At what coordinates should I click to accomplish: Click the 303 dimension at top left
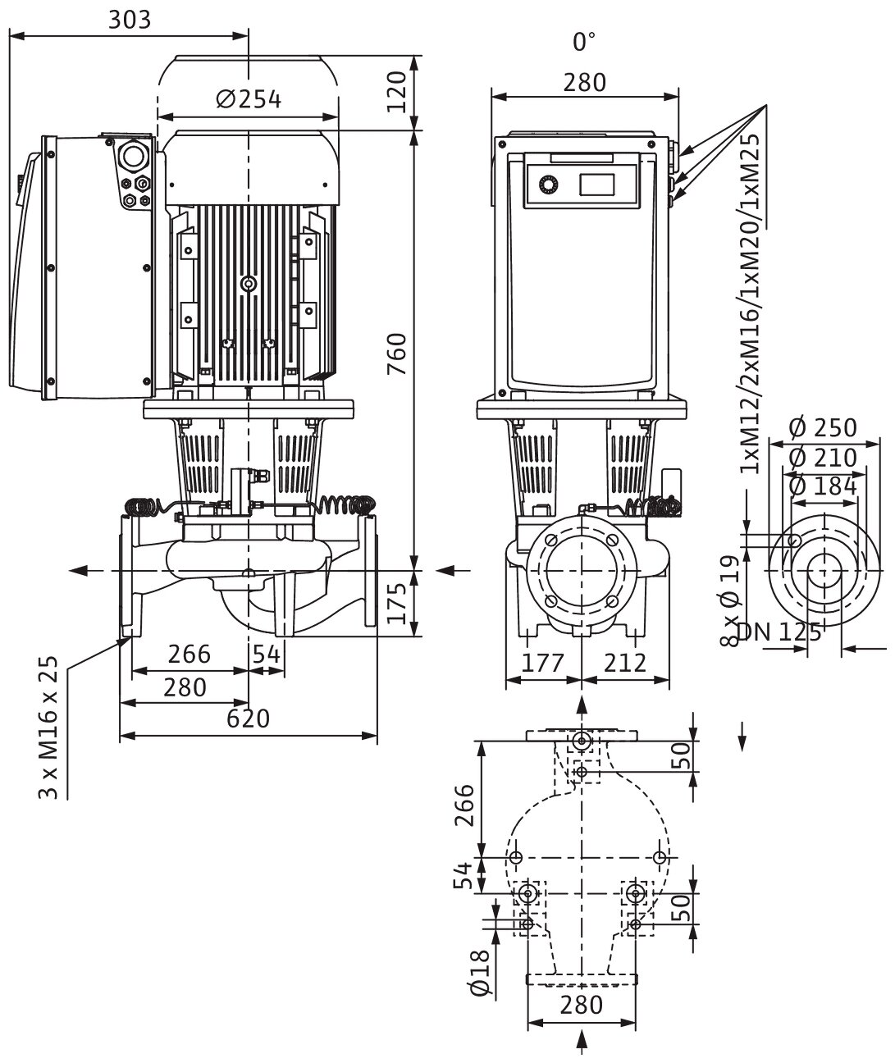pyautogui.click(x=130, y=19)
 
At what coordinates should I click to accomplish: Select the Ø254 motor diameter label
pyautogui.click(x=249, y=99)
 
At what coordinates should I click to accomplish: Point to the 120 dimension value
pyautogui.click(x=397, y=91)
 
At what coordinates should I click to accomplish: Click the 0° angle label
pyautogui.click(x=583, y=42)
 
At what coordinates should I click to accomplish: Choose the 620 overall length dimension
pyautogui.click(x=248, y=719)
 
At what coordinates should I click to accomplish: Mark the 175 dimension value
pyautogui.click(x=397, y=604)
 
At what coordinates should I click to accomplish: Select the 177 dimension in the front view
pyautogui.click(x=544, y=663)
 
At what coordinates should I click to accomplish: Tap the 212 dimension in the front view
pyautogui.click(x=625, y=663)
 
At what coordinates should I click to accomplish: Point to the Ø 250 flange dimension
pyautogui.click(x=822, y=427)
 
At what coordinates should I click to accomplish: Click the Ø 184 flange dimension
pyautogui.click(x=822, y=486)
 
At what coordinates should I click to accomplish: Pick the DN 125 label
pyautogui.click(x=779, y=632)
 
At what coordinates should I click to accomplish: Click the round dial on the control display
pyautogui.click(x=547, y=186)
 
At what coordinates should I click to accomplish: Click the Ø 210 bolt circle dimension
pyautogui.click(x=822, y=457)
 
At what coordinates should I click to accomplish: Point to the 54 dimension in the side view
pyautogui.click(x=266, y=655)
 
